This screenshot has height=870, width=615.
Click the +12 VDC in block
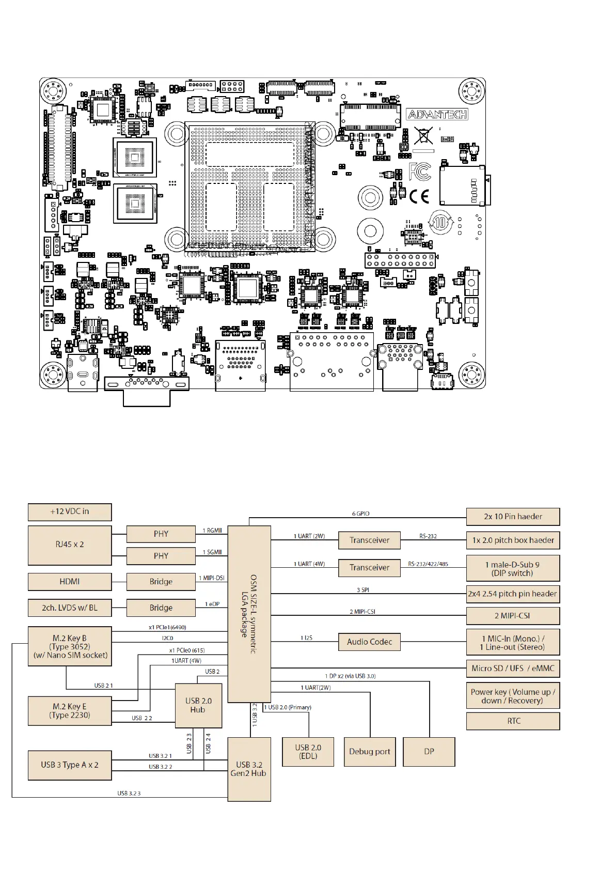pyautogui.click(x=70, y=511)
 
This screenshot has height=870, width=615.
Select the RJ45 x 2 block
pyautogui.click(x=70, y=545)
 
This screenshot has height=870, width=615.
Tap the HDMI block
pyautogui.click(x=70, y=581)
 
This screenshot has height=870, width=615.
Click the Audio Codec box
pyautogui.click(x=369, y=642)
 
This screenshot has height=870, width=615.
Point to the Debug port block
pyautogui.click(x=369, y=751)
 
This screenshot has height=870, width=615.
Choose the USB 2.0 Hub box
pyautogui.click(x=198, y=705)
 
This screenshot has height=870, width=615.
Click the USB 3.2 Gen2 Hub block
pyautogui.click(x=249, y=769)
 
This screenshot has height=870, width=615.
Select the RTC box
pyautogui.click(x=513, y=721)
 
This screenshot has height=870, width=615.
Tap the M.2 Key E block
pyautogui.click(x=70, y=710)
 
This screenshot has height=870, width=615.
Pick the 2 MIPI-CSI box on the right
pyautogui.click(x=513, y=615)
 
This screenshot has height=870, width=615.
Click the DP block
pyautogui.click(x=429, y=751)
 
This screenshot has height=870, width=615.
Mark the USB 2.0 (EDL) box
pyautogui.click(x=308, y=751)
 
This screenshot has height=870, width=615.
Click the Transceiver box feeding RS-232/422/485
pyautogui.click(x=369, y=567)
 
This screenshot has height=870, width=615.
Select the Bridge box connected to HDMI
pyautogui.click(x=161, y=581)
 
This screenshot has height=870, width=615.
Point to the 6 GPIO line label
pyautogui.click(x=361, y=514)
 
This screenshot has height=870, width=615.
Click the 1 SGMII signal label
pyautogui.click(x=212, y=552)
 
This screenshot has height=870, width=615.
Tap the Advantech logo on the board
pyautogui.click(x=437, y=114)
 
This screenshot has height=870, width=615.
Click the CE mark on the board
pyautogui.click(x=419, y=196)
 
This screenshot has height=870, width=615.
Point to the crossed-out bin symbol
pyautogui.click(x=423, y=135)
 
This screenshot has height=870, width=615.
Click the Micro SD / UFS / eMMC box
pyautogui.click(x=513, y=668)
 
